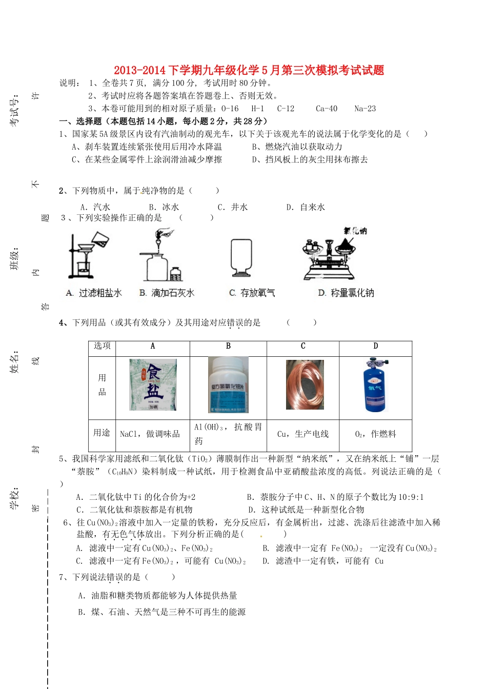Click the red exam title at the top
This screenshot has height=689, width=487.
(x=249, y=70)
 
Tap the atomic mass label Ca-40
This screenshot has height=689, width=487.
(x=327, y=109)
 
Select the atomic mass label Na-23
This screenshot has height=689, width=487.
(x=365, y=109)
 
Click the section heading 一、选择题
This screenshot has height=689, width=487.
(x=80, y=121)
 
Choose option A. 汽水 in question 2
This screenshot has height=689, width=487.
(x=95, y=207)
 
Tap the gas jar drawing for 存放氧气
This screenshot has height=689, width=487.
(x=241, y=257)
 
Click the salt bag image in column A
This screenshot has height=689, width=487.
(x=153, y=385)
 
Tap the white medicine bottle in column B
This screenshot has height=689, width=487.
(x=228, y=385)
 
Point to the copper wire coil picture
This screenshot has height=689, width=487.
(x=305, y=384)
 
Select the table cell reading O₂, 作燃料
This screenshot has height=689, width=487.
(x=375, y=434)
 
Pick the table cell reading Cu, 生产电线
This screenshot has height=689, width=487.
(x=302, y=434)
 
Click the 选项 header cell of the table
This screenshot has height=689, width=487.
(x=102, y=346)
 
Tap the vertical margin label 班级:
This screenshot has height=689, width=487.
(x=15, y=259)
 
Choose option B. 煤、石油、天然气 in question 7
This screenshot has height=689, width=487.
(x=162, y=612)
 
